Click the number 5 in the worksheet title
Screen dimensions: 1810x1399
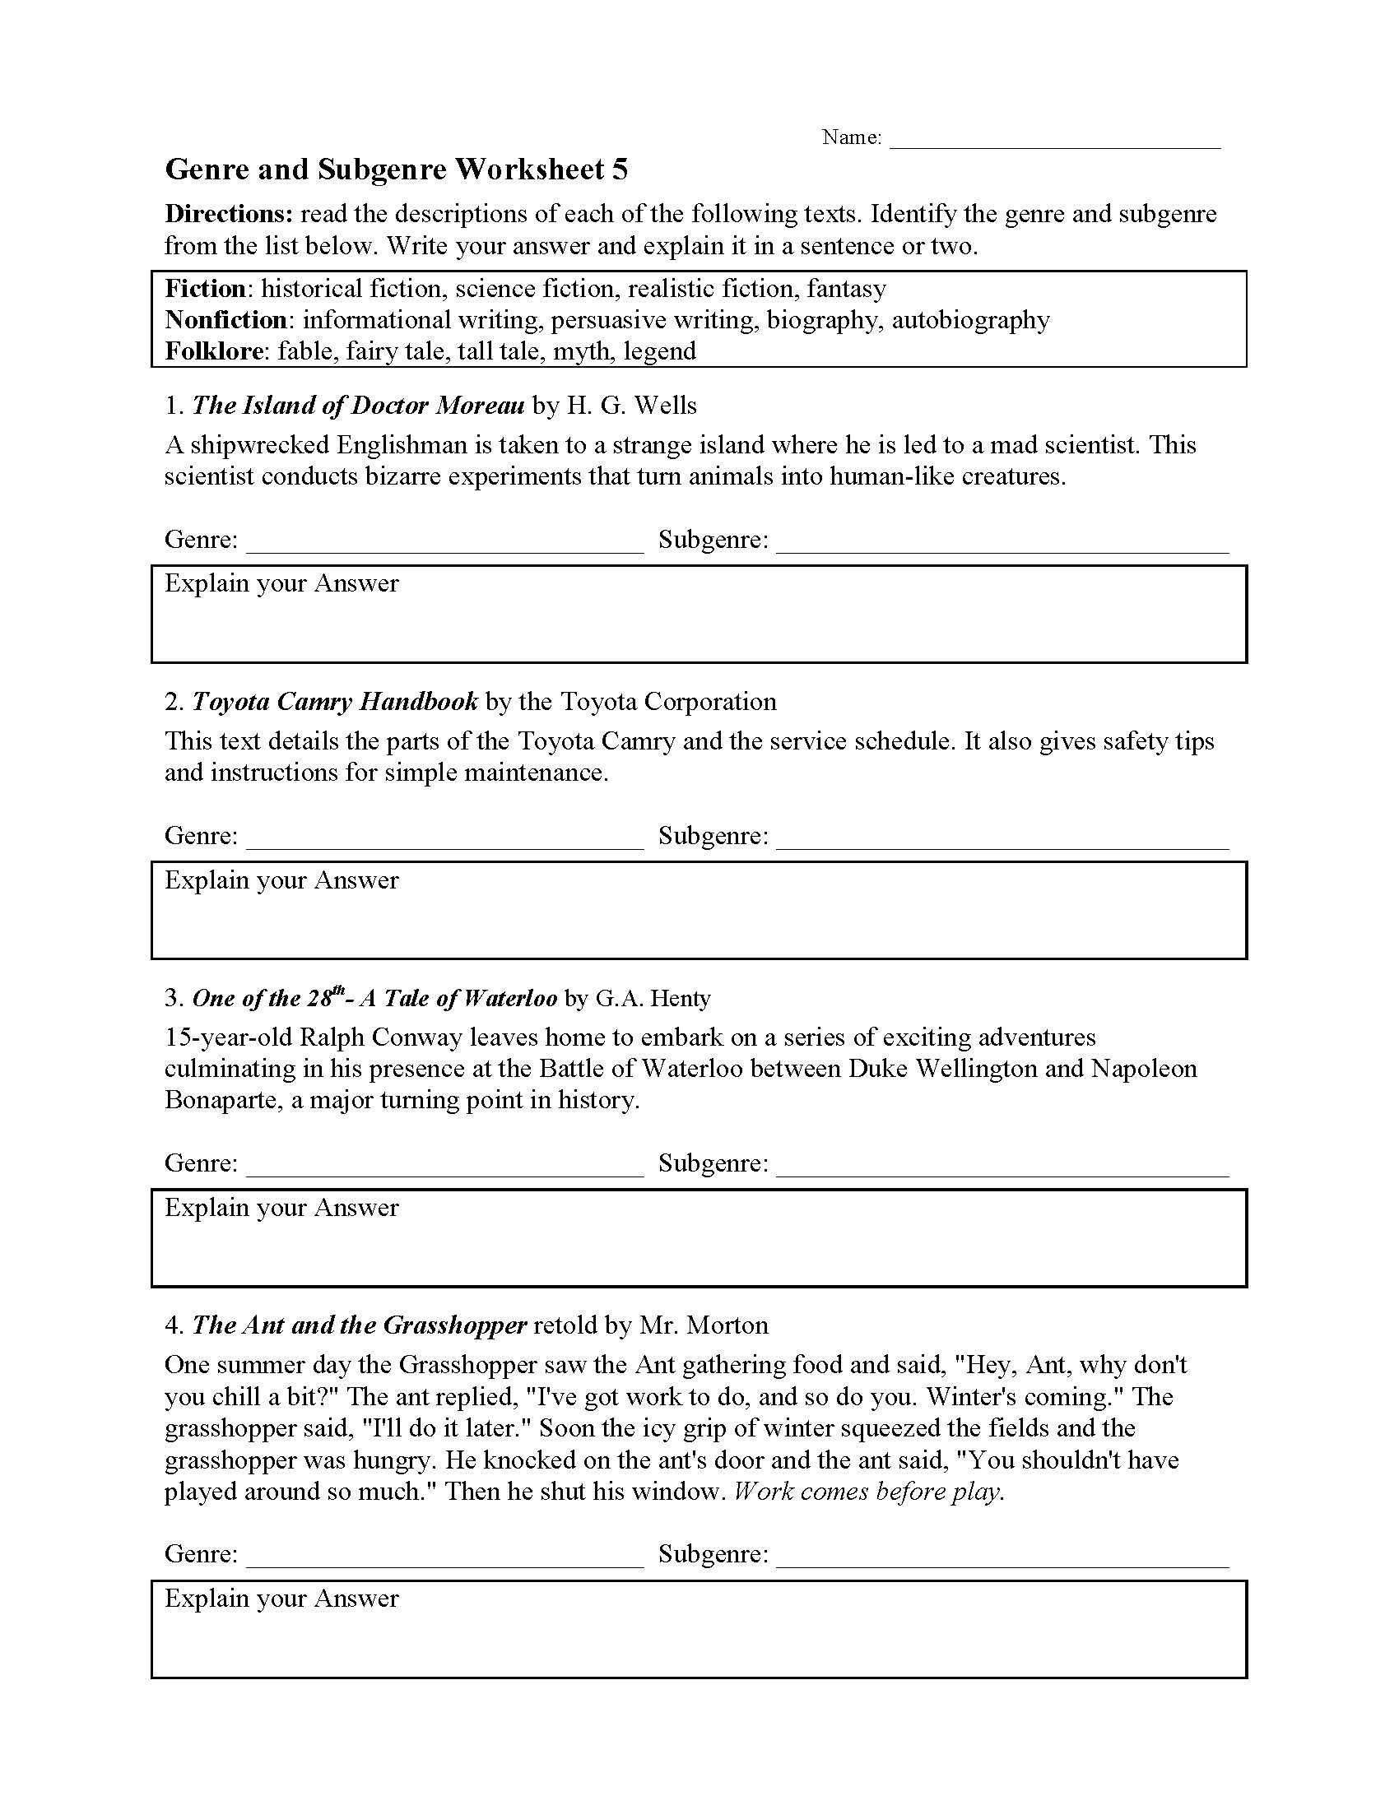(619, 170)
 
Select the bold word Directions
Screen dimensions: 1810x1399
(229, 214)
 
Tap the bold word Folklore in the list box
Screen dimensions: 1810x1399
(213, 351)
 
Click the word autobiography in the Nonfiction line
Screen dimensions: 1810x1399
(970, 320)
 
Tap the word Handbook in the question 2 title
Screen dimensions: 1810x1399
(419, 702)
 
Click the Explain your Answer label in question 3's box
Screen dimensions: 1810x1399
(281, 1208)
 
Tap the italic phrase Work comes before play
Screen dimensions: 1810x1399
(869, 1492)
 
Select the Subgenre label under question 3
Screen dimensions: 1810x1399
(713, 1163)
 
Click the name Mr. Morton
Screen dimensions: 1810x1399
(704, 1325)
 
